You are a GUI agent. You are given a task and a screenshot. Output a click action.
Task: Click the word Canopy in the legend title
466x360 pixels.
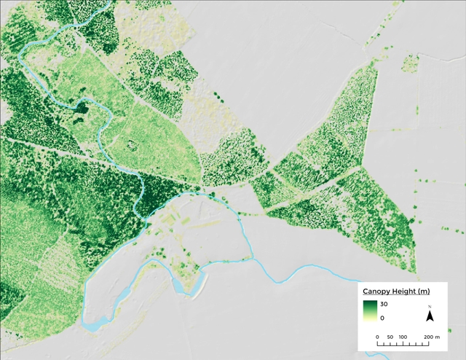(x=376, y=292)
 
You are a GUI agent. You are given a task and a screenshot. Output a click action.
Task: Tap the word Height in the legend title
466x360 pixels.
(x=401, y=292)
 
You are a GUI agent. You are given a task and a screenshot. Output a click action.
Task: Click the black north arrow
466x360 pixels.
(x=430, y=316)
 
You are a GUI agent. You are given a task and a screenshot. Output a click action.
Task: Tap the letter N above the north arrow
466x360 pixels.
(x=430, y=307)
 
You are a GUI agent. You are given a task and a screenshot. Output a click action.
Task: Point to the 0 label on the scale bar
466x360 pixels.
(x=377, y=337)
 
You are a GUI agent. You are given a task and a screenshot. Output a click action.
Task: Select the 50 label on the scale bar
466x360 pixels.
(x=390, y=337)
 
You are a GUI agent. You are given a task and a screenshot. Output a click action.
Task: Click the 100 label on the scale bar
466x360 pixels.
(x=403, y=337)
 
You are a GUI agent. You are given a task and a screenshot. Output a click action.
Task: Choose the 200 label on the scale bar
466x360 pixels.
(x=428, y=337)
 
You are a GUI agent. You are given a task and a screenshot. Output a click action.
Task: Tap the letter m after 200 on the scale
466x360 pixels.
(x=438, y=337)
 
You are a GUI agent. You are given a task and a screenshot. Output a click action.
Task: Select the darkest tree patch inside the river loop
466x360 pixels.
(x=79, y=109)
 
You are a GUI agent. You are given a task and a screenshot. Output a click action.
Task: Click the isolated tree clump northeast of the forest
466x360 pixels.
(x=408, y=64)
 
